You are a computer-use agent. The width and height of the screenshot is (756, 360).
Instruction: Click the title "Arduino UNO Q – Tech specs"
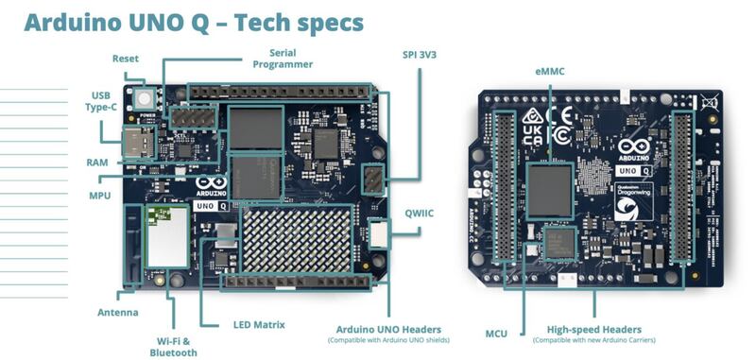(194, 23)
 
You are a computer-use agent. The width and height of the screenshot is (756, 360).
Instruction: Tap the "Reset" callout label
(125, 60)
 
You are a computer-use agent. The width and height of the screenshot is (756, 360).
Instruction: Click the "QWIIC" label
(421, 213)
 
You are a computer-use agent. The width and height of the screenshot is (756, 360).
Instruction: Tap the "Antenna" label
(118, 312)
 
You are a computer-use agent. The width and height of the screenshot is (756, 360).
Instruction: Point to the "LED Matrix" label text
(259, 325)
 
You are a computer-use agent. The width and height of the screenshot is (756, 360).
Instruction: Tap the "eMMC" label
(549, 72)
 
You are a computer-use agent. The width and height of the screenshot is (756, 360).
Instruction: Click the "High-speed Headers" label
(595, 330)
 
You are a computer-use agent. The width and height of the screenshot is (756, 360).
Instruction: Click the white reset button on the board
(145, 97)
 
